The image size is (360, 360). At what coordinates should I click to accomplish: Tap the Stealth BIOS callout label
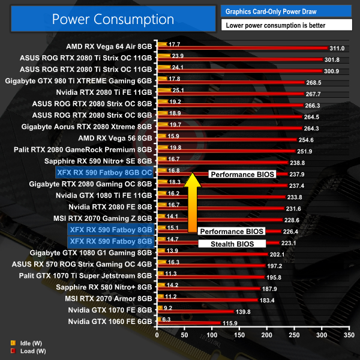[x=232, y=244]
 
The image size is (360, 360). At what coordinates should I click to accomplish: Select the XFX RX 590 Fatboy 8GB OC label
[x=104, y=172]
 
